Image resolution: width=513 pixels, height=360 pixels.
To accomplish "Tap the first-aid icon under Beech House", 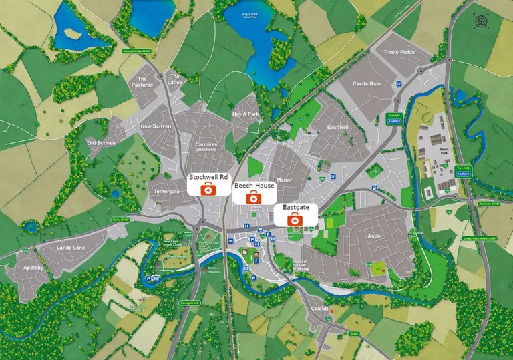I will point(253,198).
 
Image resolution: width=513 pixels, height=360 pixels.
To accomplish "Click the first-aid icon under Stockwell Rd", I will point(208,190).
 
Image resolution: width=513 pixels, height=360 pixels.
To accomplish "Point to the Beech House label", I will point(254,185).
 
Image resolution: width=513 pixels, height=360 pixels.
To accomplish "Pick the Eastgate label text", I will point(295,208).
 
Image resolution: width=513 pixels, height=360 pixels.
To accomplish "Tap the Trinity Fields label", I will point(399,51).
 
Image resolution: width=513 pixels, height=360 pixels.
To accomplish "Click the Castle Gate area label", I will point(366,84).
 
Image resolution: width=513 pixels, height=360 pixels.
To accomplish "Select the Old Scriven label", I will point(101,143).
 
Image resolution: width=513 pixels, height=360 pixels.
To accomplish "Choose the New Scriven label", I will point(156,126).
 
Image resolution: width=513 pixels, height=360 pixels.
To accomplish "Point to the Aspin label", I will point(373,236).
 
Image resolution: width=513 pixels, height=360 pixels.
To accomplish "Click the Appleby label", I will point(33,268).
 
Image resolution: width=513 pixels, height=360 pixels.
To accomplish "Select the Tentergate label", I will point(167,192).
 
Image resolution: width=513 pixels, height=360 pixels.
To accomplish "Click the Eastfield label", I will point(338,127).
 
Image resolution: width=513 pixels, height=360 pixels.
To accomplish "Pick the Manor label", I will point(284,180).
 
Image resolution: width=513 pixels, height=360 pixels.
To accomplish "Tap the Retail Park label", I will point(444,150).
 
